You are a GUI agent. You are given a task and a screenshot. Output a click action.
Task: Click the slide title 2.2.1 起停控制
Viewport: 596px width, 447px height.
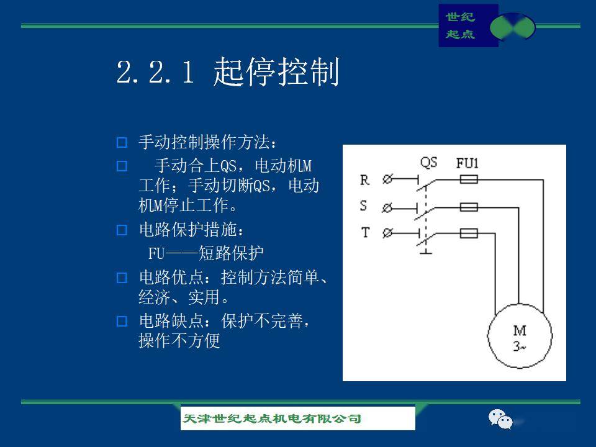pos(228,71)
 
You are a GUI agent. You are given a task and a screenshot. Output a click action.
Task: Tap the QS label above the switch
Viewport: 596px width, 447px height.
pos(428,162)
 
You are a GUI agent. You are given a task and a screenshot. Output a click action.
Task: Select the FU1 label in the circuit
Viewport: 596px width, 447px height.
pos(467,163)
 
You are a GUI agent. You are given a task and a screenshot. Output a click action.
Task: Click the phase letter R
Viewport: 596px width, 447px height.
pos(364,180)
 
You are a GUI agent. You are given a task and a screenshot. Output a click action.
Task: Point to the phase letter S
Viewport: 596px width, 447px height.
pos(363,205)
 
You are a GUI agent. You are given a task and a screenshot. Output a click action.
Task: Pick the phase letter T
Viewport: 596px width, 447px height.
pos(365,232)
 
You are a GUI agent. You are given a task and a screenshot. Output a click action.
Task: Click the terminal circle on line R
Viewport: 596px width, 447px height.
pos(387,179)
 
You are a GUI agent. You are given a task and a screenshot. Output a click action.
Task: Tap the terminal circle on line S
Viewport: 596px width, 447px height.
pos(387,208)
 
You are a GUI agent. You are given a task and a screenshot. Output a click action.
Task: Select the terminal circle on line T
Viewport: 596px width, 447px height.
pos(387,233)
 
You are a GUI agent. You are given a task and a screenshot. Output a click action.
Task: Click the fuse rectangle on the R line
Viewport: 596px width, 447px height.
pos(469,179)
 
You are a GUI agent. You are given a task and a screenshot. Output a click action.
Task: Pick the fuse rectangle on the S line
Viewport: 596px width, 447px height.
pos(469,207)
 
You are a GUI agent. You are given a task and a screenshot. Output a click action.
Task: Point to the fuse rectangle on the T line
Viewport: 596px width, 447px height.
pos(469,233)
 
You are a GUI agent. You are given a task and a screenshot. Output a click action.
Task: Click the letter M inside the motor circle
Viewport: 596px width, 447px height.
pos(520,331)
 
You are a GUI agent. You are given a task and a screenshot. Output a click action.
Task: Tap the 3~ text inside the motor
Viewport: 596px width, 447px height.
pos(520,346)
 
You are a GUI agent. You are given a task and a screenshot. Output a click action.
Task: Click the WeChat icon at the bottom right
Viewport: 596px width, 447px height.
pos(500,419)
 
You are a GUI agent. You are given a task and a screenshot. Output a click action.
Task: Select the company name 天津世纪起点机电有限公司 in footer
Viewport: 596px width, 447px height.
pos(272,418)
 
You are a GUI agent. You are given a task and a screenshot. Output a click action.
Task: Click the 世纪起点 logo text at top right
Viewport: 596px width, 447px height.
pos(460,25)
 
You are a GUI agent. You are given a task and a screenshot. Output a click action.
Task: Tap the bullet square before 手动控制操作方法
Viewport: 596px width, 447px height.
pos(122,143)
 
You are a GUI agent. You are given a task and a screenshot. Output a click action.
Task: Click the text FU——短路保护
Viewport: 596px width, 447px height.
pos(205,253)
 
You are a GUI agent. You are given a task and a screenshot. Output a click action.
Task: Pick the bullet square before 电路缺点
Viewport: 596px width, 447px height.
pos(122,321)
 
